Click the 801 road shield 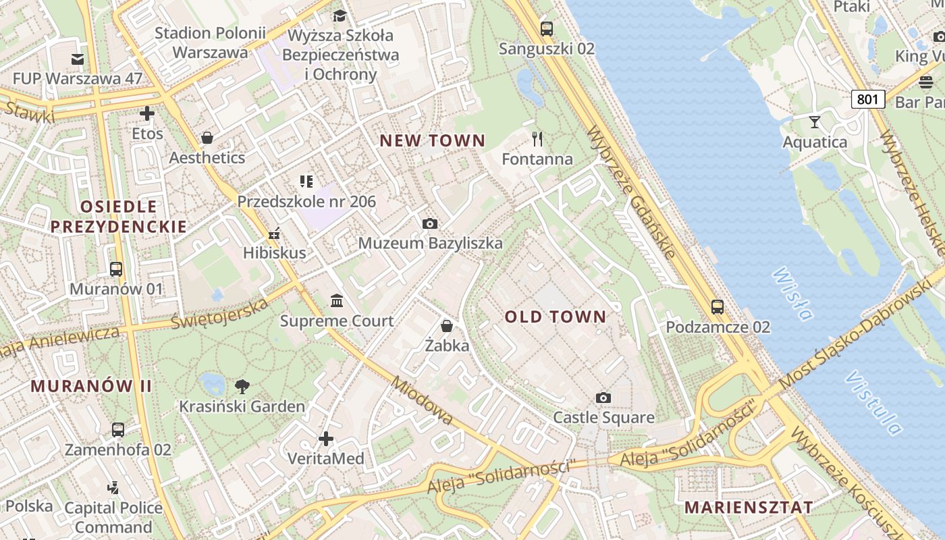click(867, 100)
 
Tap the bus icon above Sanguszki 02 click(547, 29)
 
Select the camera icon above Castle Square click(603, 398)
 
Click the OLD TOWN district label click(556, 317)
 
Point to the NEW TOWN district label click(432, 140)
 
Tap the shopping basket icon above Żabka click(447, 326)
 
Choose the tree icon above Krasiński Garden click(242, 387)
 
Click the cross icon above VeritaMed click(326, 439)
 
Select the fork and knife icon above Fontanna click(537, 140)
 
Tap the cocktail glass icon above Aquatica click(815, 122)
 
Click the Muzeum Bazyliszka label click(430, 243)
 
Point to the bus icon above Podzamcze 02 click(718, 307)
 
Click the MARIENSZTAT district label click(749, 507)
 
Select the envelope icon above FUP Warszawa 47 click(78, 59)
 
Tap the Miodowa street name click(421, 400)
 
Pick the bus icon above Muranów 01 click(116, 269)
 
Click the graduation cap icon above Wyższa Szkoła click(340, 16)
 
